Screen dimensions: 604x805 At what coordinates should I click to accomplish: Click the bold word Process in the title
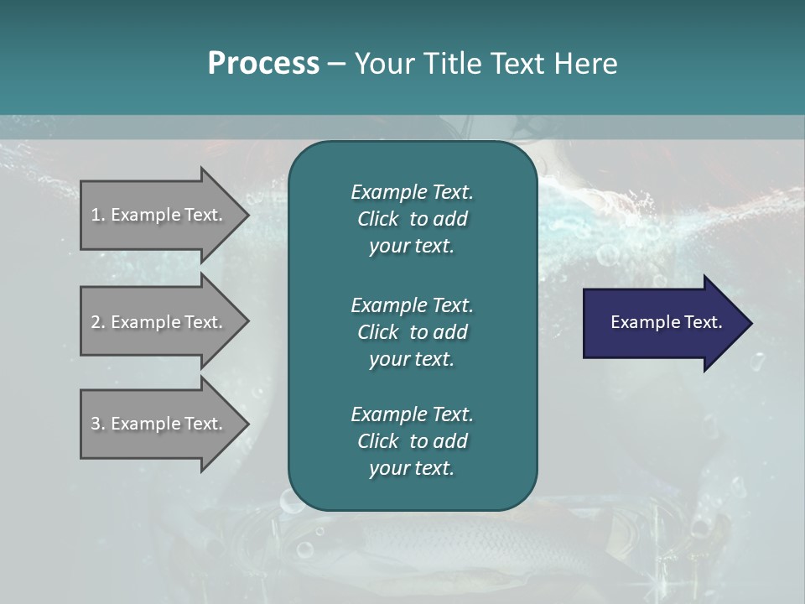tap(263, 64)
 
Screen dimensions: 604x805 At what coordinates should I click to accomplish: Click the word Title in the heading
tap(449, 64)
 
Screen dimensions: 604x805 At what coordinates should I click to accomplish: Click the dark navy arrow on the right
tap(662, 323)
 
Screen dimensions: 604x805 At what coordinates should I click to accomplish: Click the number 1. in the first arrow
tap(98, 215)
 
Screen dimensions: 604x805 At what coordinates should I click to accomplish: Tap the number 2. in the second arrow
tap(98, 322)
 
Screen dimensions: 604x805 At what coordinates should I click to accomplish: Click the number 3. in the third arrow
tap(98, 424)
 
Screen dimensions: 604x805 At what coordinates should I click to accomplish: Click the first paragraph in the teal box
tap(412, 219)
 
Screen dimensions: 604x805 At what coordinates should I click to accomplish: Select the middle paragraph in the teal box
tap(412, 331)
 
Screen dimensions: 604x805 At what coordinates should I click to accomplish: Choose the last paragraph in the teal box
tap(412, 441)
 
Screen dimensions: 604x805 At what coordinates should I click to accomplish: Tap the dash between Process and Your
tap(336, 64)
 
